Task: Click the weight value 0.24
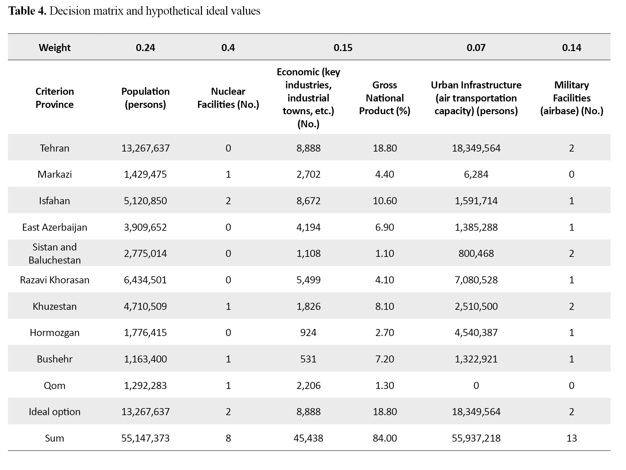pyautogui.click(x=145, y=48)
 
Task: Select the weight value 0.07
pyautogui.click(x=476, y=48)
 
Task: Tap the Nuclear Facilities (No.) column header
pyautogui.click(x=228, y=98)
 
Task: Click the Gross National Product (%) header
pyautogui.click(x=385, y=98)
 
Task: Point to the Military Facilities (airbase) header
pyautogui.click(x=571, y=98)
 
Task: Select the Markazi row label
pyautogui.click(x=55, y=174)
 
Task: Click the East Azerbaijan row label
pyautogui.click(x=55, y=227)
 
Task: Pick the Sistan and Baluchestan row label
pyautogui.click(x=55, y=253)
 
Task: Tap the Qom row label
pyautogui.click(x=55, y=385)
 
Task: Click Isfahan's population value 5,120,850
pyautogui.click(x=145, y=201)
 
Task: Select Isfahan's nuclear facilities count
pyautogui.click(x=228, y=201)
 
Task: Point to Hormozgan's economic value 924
pyautogui.click(x=308, y=332)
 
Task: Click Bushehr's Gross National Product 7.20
pyautogui.click(x=385, y=359)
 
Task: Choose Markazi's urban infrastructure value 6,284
pyautogui.click(x=476, y=174)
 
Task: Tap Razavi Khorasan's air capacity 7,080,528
pyautogui.click(x=476, y=280)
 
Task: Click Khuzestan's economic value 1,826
pyautogui.click(x=308, y=306)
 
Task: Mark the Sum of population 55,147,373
pyautogui.click(x=145, y=438)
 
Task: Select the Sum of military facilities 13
pyautogui.click(x=571, y=438)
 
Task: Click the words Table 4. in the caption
pyautogui.click(x=28, y=11)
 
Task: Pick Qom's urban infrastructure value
pyautogui.click(x=476, y=385)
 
